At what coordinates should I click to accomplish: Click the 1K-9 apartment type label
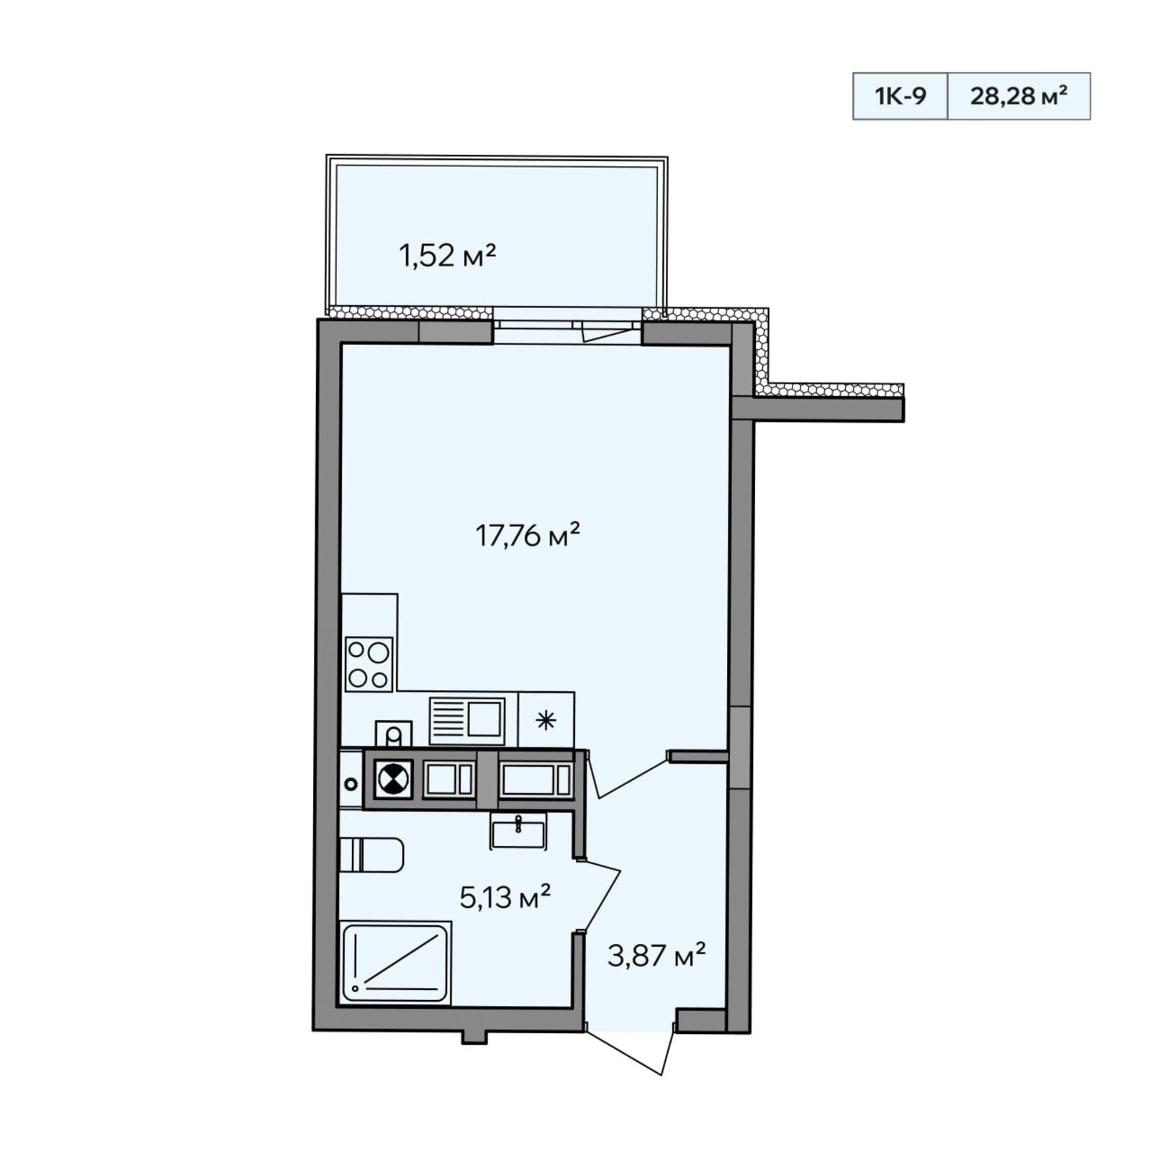pos(900,96)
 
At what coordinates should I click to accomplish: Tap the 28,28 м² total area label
pos(1019,95)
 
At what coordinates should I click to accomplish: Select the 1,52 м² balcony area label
pos(448,256)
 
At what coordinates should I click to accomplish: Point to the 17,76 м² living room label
pos(528,535)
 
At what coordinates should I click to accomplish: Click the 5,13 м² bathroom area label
pos(505,897)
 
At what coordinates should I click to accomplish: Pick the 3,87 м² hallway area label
pos(656,955)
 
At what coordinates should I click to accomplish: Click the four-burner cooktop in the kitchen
pos(369,664)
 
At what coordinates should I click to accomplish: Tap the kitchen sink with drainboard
pos(467,720)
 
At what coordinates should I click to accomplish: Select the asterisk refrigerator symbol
pos(546,720)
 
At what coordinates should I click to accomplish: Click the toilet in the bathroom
pos(371,855)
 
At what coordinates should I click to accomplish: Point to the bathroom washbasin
pos(518,831)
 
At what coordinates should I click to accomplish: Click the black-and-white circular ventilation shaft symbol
pos(393,779)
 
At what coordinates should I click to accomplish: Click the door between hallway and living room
pos(626,774)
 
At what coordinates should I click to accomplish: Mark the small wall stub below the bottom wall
pos(474,1036)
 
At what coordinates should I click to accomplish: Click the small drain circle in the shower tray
pos(356,989)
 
